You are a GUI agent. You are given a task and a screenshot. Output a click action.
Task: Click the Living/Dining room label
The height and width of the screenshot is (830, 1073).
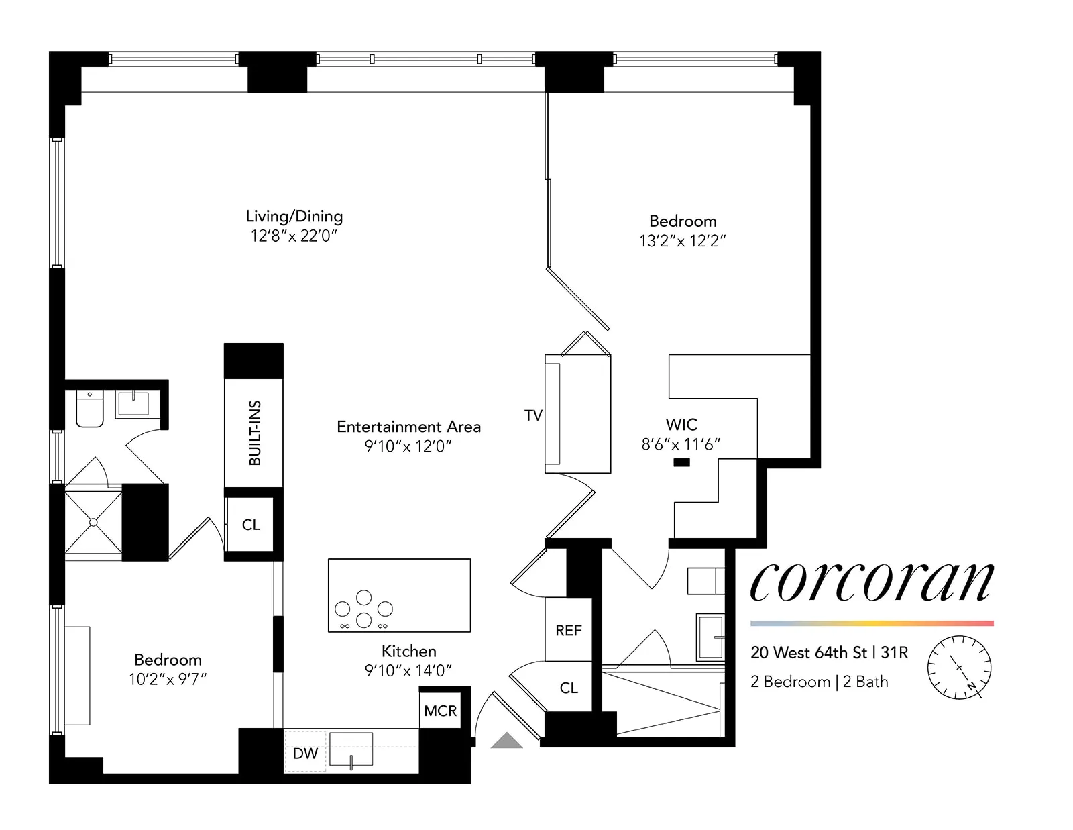coord(294,216)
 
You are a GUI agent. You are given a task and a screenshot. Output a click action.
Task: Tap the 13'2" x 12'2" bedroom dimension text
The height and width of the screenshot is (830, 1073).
coord(682,241)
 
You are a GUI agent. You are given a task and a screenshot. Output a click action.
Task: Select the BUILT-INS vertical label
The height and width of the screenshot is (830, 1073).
coord(254,433)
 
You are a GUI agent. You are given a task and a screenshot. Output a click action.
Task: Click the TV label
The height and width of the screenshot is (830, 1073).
coord(533,415)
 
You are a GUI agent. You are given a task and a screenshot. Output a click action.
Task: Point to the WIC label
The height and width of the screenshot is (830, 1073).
coord(681,425)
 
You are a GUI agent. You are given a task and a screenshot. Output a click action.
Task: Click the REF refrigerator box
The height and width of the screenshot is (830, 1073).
coord(568,630)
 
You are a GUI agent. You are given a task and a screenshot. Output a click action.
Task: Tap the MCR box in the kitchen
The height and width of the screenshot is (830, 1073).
coord(440,711)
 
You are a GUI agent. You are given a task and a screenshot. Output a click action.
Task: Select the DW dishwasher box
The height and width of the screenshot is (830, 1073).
coord(305,753)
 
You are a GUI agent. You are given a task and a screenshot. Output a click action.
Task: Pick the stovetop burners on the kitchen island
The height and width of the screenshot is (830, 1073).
coord(363,609)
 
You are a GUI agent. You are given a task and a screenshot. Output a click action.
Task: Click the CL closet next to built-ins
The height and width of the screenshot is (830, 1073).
coord(251,525)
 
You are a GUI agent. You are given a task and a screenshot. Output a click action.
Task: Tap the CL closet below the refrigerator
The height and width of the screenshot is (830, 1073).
coord(568,688)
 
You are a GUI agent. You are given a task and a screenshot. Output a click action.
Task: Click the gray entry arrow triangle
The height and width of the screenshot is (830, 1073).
coord(507,741)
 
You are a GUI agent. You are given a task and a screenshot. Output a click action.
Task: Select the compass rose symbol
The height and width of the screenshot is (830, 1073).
coord(959,668)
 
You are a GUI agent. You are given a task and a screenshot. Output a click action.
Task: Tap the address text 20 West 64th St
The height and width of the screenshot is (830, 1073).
coord(808,652)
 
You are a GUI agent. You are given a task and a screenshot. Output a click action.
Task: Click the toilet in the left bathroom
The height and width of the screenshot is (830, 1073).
coord(90,409)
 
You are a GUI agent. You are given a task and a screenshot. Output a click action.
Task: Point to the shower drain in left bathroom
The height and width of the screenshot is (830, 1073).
coord(93,522)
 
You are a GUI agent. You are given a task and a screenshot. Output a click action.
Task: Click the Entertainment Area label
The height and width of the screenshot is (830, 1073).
coord(408,427)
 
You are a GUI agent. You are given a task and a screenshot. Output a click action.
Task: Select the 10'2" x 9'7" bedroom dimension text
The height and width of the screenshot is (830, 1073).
coord(168,679)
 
